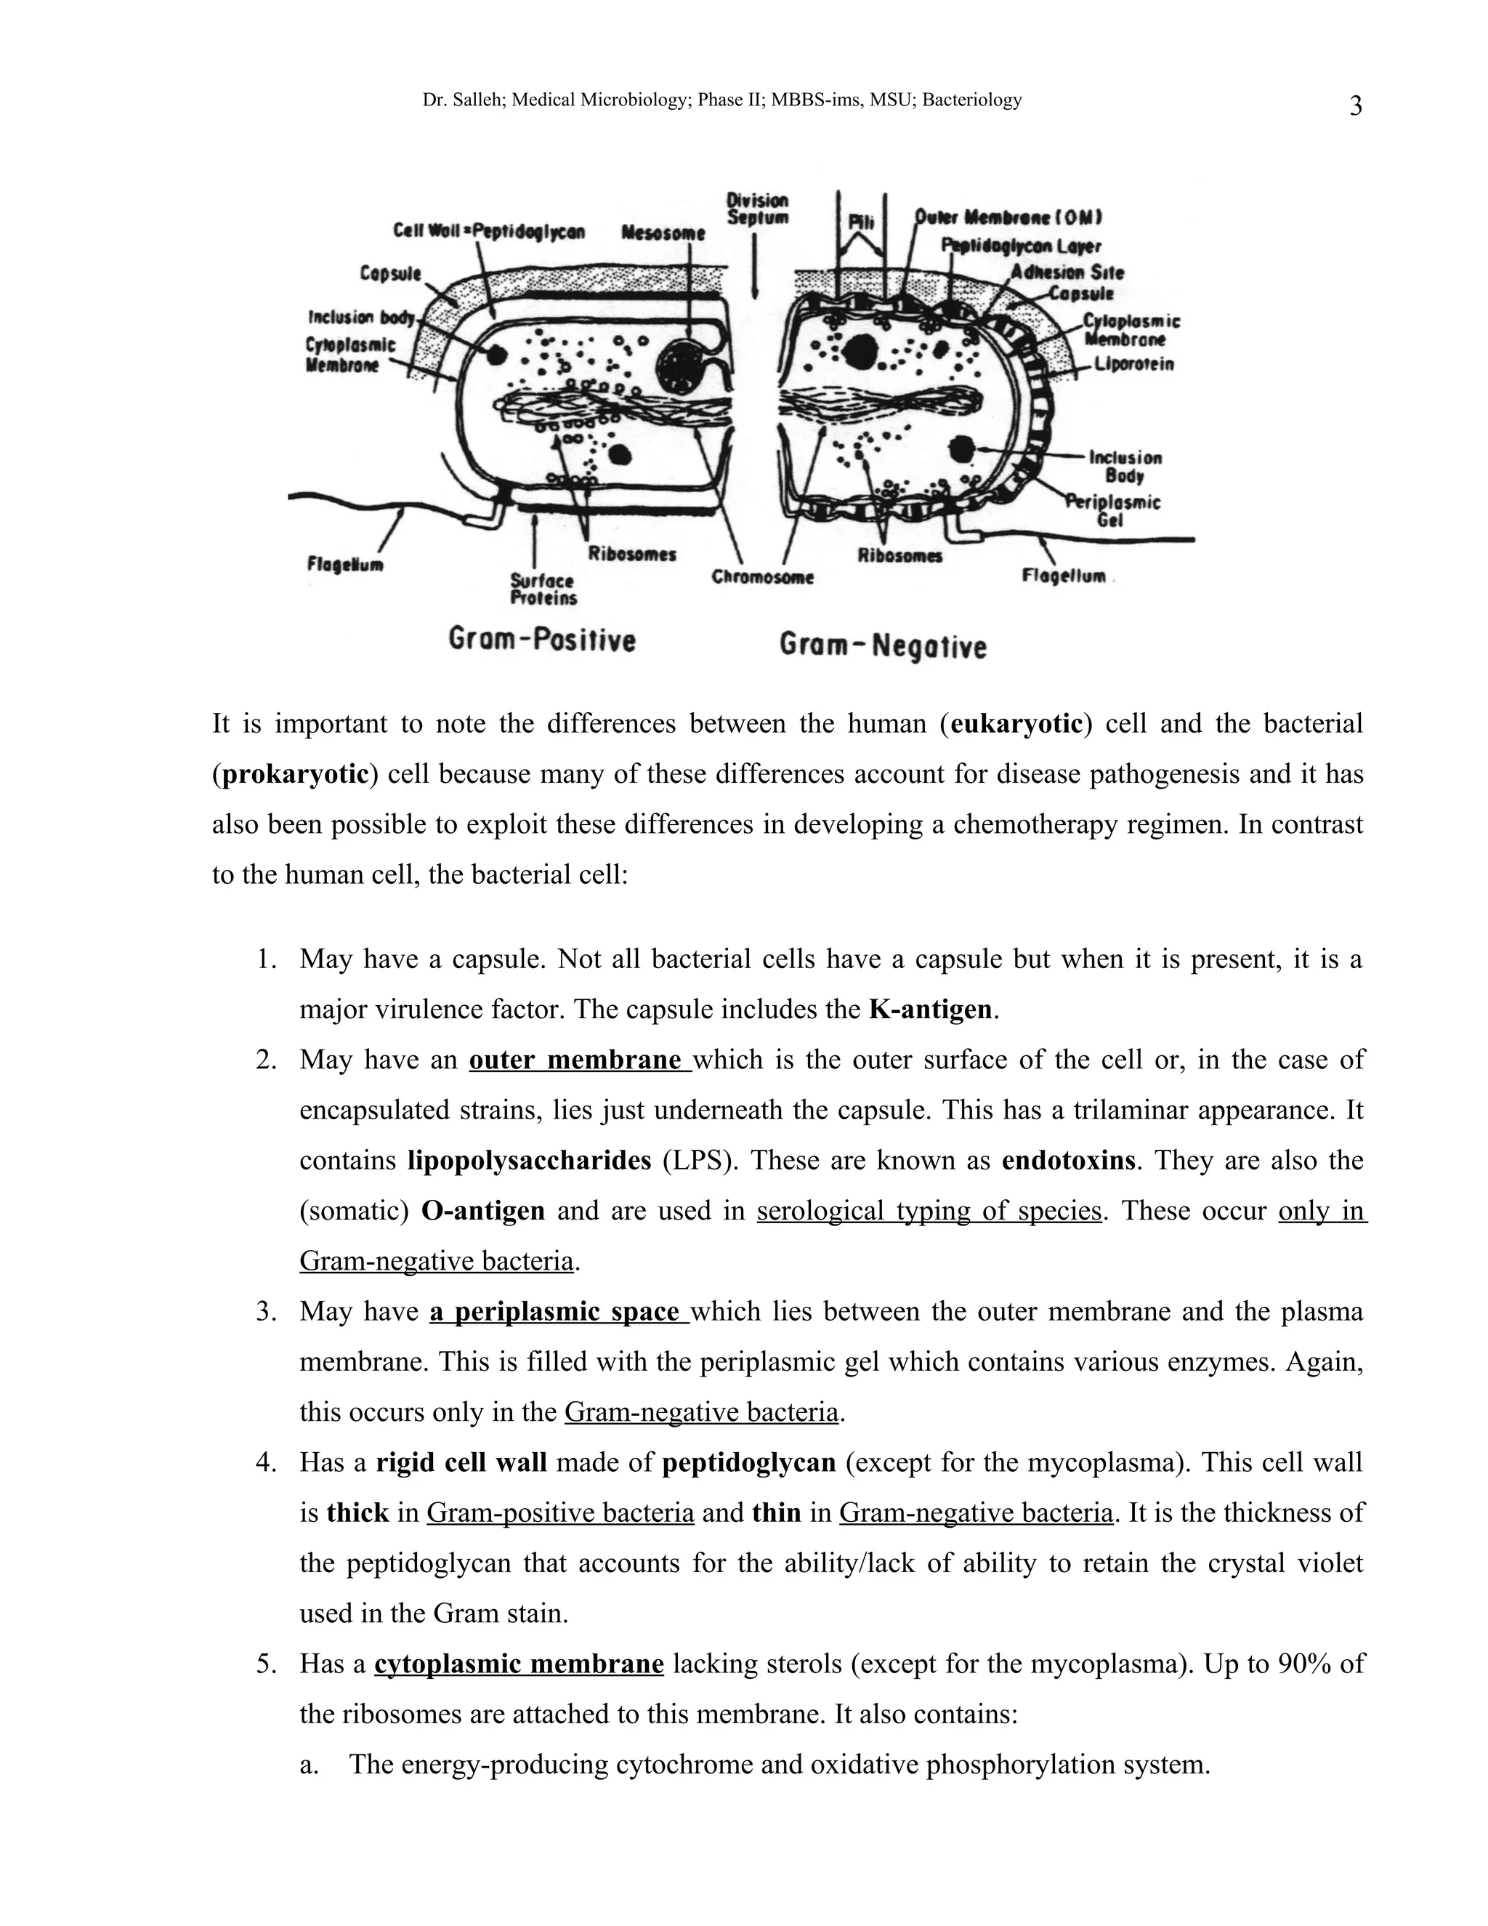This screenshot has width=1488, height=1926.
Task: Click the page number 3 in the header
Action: click(1356, 107)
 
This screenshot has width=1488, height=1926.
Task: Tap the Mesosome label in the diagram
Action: click(663, 234)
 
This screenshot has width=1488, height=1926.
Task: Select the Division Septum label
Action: click(757, 209)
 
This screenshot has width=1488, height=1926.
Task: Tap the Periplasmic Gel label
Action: click(1112, 511)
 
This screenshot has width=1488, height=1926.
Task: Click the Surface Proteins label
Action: click(543, 589)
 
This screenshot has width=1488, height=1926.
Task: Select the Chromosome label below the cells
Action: click(762, 578)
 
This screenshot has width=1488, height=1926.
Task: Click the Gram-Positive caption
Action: click(542, 640)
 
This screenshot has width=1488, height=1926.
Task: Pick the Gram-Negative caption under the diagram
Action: click(882, 646)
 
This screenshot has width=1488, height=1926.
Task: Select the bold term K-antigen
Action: click(930, 1009)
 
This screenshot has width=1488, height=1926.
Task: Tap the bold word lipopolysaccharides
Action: click(529, 1160)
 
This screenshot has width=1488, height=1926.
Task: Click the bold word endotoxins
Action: click(1068, 1160)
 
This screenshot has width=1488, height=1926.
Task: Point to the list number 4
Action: click(266, 1463)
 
